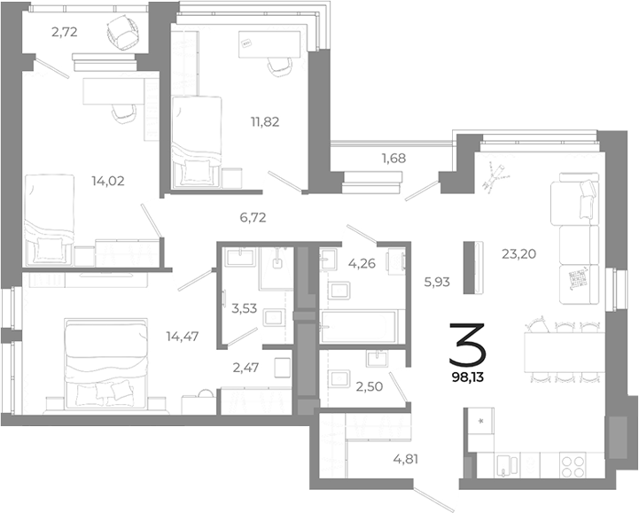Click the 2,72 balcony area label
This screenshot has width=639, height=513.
[64, 33]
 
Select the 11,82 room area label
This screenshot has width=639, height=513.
[265, 121]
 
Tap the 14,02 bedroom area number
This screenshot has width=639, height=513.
[107, 181]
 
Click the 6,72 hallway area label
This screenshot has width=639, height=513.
[253, 215]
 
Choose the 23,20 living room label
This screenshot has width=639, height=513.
[518, 253]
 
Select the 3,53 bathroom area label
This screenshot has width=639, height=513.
[244, 308]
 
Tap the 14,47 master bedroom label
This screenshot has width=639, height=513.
[182, 336]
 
